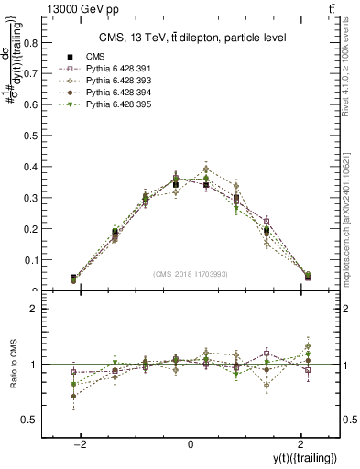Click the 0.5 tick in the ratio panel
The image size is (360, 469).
click(31, 420)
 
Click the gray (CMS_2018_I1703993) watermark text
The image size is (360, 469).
click(191, 274)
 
